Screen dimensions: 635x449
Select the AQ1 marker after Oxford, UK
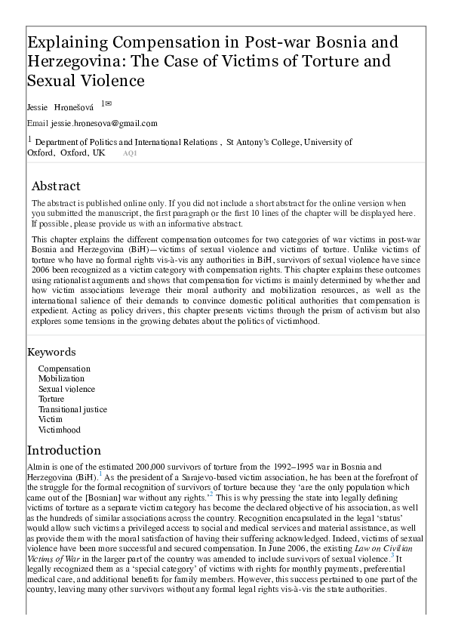(130, 153)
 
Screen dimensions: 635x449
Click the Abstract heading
(56, 186)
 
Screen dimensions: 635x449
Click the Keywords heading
(52, 352)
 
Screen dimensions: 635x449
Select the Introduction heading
(63, 451)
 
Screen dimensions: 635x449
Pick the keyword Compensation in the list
(64, 368)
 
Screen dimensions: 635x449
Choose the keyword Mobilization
(61, 378)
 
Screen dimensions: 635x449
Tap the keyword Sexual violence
(66, 389)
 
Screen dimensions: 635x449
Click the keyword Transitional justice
(72, 409)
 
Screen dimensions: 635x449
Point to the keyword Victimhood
(59, 430)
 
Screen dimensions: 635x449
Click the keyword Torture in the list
(51, 399)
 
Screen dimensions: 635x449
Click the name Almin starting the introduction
(38, 467)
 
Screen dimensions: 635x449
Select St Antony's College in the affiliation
(263, 141)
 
